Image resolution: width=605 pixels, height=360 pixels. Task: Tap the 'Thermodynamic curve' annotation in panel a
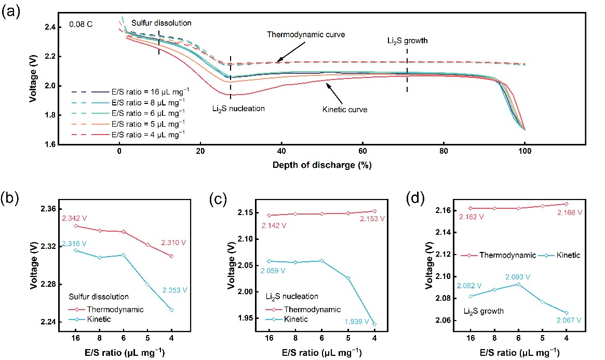306,34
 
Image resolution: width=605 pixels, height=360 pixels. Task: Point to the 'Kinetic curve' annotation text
345,110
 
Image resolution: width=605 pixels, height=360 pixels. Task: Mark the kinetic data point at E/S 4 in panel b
171,310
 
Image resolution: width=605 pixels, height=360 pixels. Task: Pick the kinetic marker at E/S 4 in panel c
374,324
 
